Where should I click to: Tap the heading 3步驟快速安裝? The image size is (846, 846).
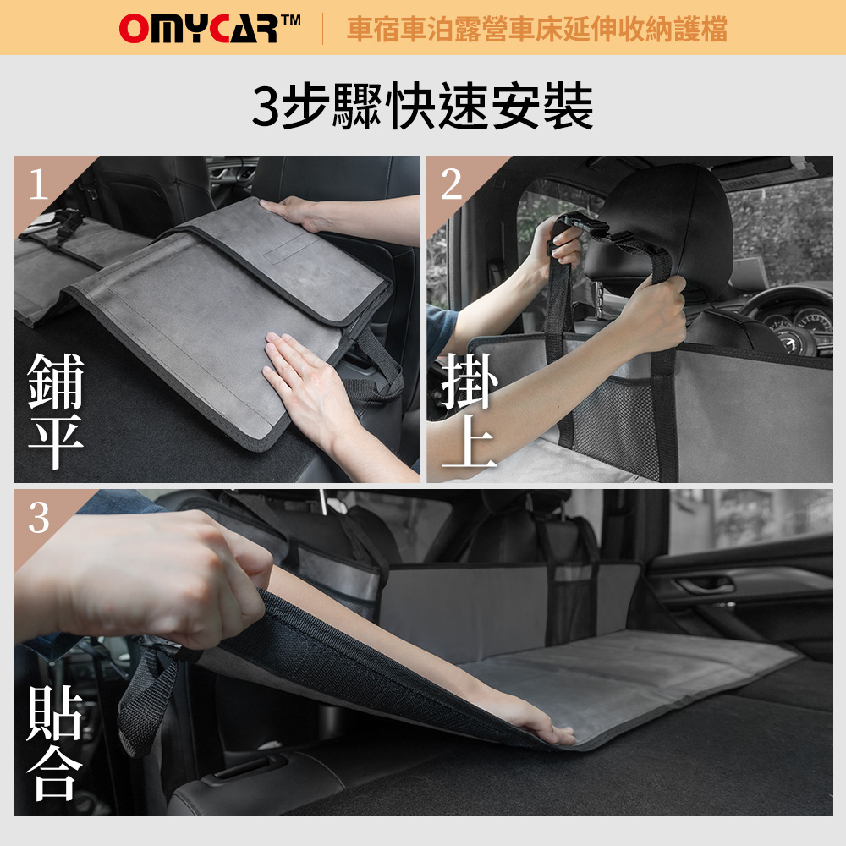[x=422, y=106]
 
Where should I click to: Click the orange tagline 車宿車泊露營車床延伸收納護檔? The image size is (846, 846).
[x=537, y=29]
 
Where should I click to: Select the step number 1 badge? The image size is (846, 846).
[x=38, y=184]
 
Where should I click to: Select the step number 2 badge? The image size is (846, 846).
[x=451, y=184]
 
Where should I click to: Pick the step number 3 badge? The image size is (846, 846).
[x=38, y=518]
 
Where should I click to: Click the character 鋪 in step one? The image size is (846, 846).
[x=56, y=381]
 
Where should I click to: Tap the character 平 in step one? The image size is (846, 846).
[x=56, y=442]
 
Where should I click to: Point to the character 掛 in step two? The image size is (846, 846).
[x=469, y=381]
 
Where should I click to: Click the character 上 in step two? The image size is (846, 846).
[x=469, y=441]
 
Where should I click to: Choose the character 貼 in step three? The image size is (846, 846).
[x=54, y=713]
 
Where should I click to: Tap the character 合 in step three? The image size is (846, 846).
[x=54, y=773]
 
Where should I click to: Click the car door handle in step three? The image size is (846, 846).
[x=706, y=585]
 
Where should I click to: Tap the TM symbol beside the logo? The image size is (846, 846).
[x=290, y=20]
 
